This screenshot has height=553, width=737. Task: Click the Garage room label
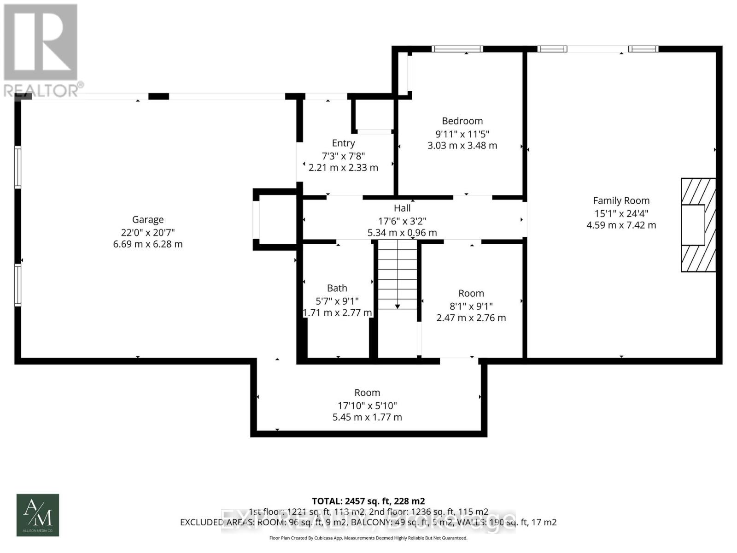[x=148, y=220]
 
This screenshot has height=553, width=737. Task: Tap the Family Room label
[x=621, y=200]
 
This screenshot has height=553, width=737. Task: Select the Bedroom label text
[x=462, y=121]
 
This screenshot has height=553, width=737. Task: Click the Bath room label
[x=337, y=288]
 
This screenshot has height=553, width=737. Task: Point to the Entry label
[x=343, y=143]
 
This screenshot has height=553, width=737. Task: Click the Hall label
[x=402, y=208]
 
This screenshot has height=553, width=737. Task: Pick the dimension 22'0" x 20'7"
[x=148, y=232]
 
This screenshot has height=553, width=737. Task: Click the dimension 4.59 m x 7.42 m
[x=621, y=225]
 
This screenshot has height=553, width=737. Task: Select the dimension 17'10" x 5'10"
[x=367, y=406]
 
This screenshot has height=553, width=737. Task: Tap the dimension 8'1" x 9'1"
[x=471, y=306]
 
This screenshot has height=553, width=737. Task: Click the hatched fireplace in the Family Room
[x=698, y=225]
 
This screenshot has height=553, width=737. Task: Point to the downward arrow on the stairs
[x=397, y=306]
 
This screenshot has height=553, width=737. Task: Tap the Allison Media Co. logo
[x=38, y=515]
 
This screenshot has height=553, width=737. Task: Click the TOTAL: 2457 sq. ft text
[x=368, y=501]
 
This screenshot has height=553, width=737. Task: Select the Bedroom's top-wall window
[x=457, y=49]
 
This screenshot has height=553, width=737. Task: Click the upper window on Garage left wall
[x=18, y=167]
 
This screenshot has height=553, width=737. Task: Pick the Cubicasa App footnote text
[x=368, y=538]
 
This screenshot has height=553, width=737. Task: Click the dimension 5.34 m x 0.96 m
[x=402, y=233]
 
